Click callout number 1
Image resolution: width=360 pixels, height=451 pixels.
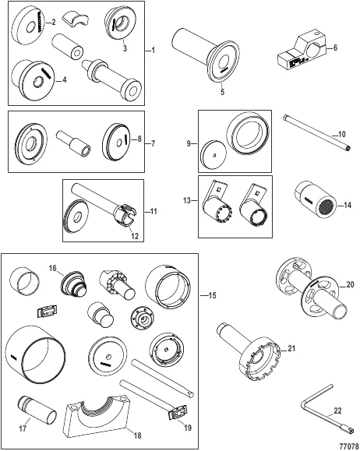click(x=153, y=51)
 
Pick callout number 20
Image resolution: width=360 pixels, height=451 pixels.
click(x=350, y=284)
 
